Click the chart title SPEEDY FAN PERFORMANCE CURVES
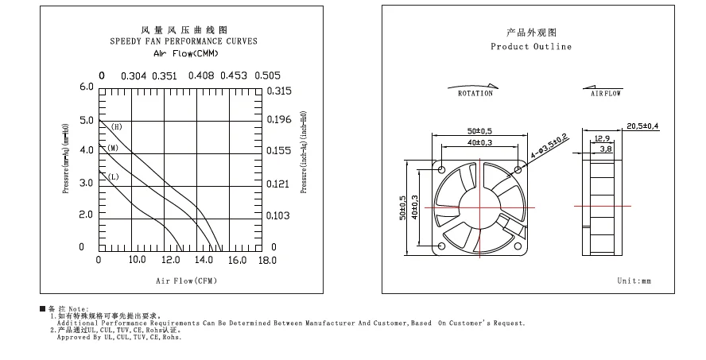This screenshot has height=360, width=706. click(184, 41)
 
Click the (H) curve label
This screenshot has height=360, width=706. click(116, 127)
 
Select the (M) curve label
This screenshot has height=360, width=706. click(114, 149)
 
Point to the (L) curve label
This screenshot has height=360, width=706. click(114, 176)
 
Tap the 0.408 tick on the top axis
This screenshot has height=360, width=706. click(200, 76)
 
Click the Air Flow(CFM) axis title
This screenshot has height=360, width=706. click(186, 281)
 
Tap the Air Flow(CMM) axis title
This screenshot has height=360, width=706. click(185, 53)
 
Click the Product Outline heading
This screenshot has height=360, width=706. click(531, 47)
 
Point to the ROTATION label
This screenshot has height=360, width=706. click(475, 94)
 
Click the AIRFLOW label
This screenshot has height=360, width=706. click(607, 94)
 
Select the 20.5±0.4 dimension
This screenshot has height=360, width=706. click(642, 126)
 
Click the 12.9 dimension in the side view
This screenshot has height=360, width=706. click(602, 138)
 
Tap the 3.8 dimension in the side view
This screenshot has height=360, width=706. click(605, 149)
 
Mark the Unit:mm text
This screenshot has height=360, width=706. click(634, 281)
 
